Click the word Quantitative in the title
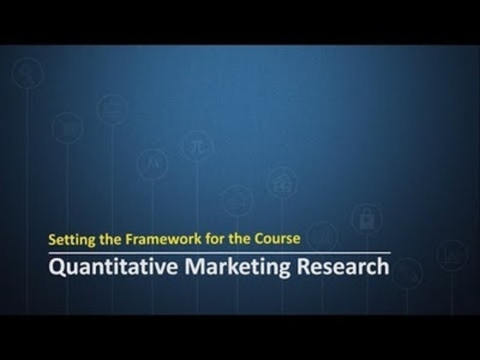click(x=114, y=267)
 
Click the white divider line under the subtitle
click(x=220, y=253)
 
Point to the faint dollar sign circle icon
click(x=27, y=74)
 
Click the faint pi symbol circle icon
click(x=198, y=146)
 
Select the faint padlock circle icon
click(x=366, y=218)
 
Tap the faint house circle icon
click(x=282, y=182)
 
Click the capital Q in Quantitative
click(x=57, y=267)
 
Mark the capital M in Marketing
click(x=196, y=266)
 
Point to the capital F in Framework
click(x=130, y=239)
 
